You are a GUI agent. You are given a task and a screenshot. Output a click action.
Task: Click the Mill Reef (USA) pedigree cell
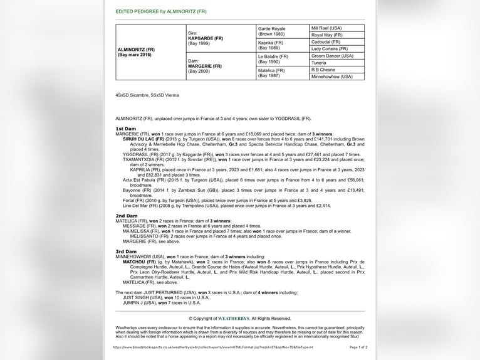326,28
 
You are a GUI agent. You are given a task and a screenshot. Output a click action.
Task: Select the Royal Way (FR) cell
326,35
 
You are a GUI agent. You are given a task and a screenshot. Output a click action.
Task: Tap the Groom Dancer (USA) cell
332,56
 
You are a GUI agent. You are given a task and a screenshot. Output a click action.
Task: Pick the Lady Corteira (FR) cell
329,49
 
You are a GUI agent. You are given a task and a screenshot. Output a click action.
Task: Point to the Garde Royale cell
272,29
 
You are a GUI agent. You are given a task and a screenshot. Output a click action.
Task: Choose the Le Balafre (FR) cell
273,56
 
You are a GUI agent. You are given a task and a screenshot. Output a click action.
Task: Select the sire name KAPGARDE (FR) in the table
206,38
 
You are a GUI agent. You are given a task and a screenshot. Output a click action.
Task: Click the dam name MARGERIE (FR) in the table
205,66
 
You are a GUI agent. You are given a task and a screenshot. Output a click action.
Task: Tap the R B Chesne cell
323,70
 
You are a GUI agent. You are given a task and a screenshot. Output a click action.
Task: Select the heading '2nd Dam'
126,216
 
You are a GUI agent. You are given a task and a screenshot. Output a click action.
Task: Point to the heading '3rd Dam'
126,251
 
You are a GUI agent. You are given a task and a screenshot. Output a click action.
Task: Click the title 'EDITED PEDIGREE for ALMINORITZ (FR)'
160,12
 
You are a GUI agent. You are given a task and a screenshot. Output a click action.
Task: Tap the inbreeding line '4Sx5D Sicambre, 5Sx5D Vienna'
147,95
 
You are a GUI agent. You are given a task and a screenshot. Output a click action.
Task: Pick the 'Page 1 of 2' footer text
358,347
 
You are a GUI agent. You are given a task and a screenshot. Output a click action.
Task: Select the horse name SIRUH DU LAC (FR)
143,139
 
